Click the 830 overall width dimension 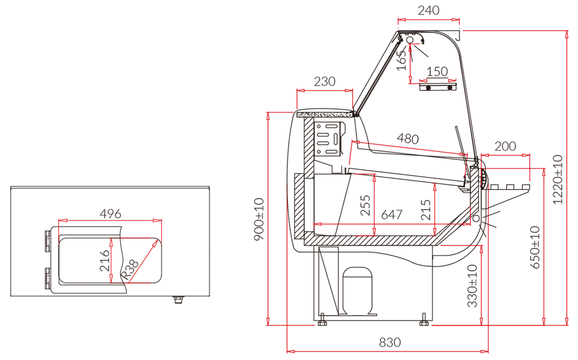(390, 343)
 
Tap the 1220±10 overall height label (558, 180)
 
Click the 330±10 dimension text (473, 286)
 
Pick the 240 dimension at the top (429, 10)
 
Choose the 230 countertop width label (325, 81)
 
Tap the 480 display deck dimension (407, 139)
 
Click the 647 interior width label (392, 214)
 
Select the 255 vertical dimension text (365, 205)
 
